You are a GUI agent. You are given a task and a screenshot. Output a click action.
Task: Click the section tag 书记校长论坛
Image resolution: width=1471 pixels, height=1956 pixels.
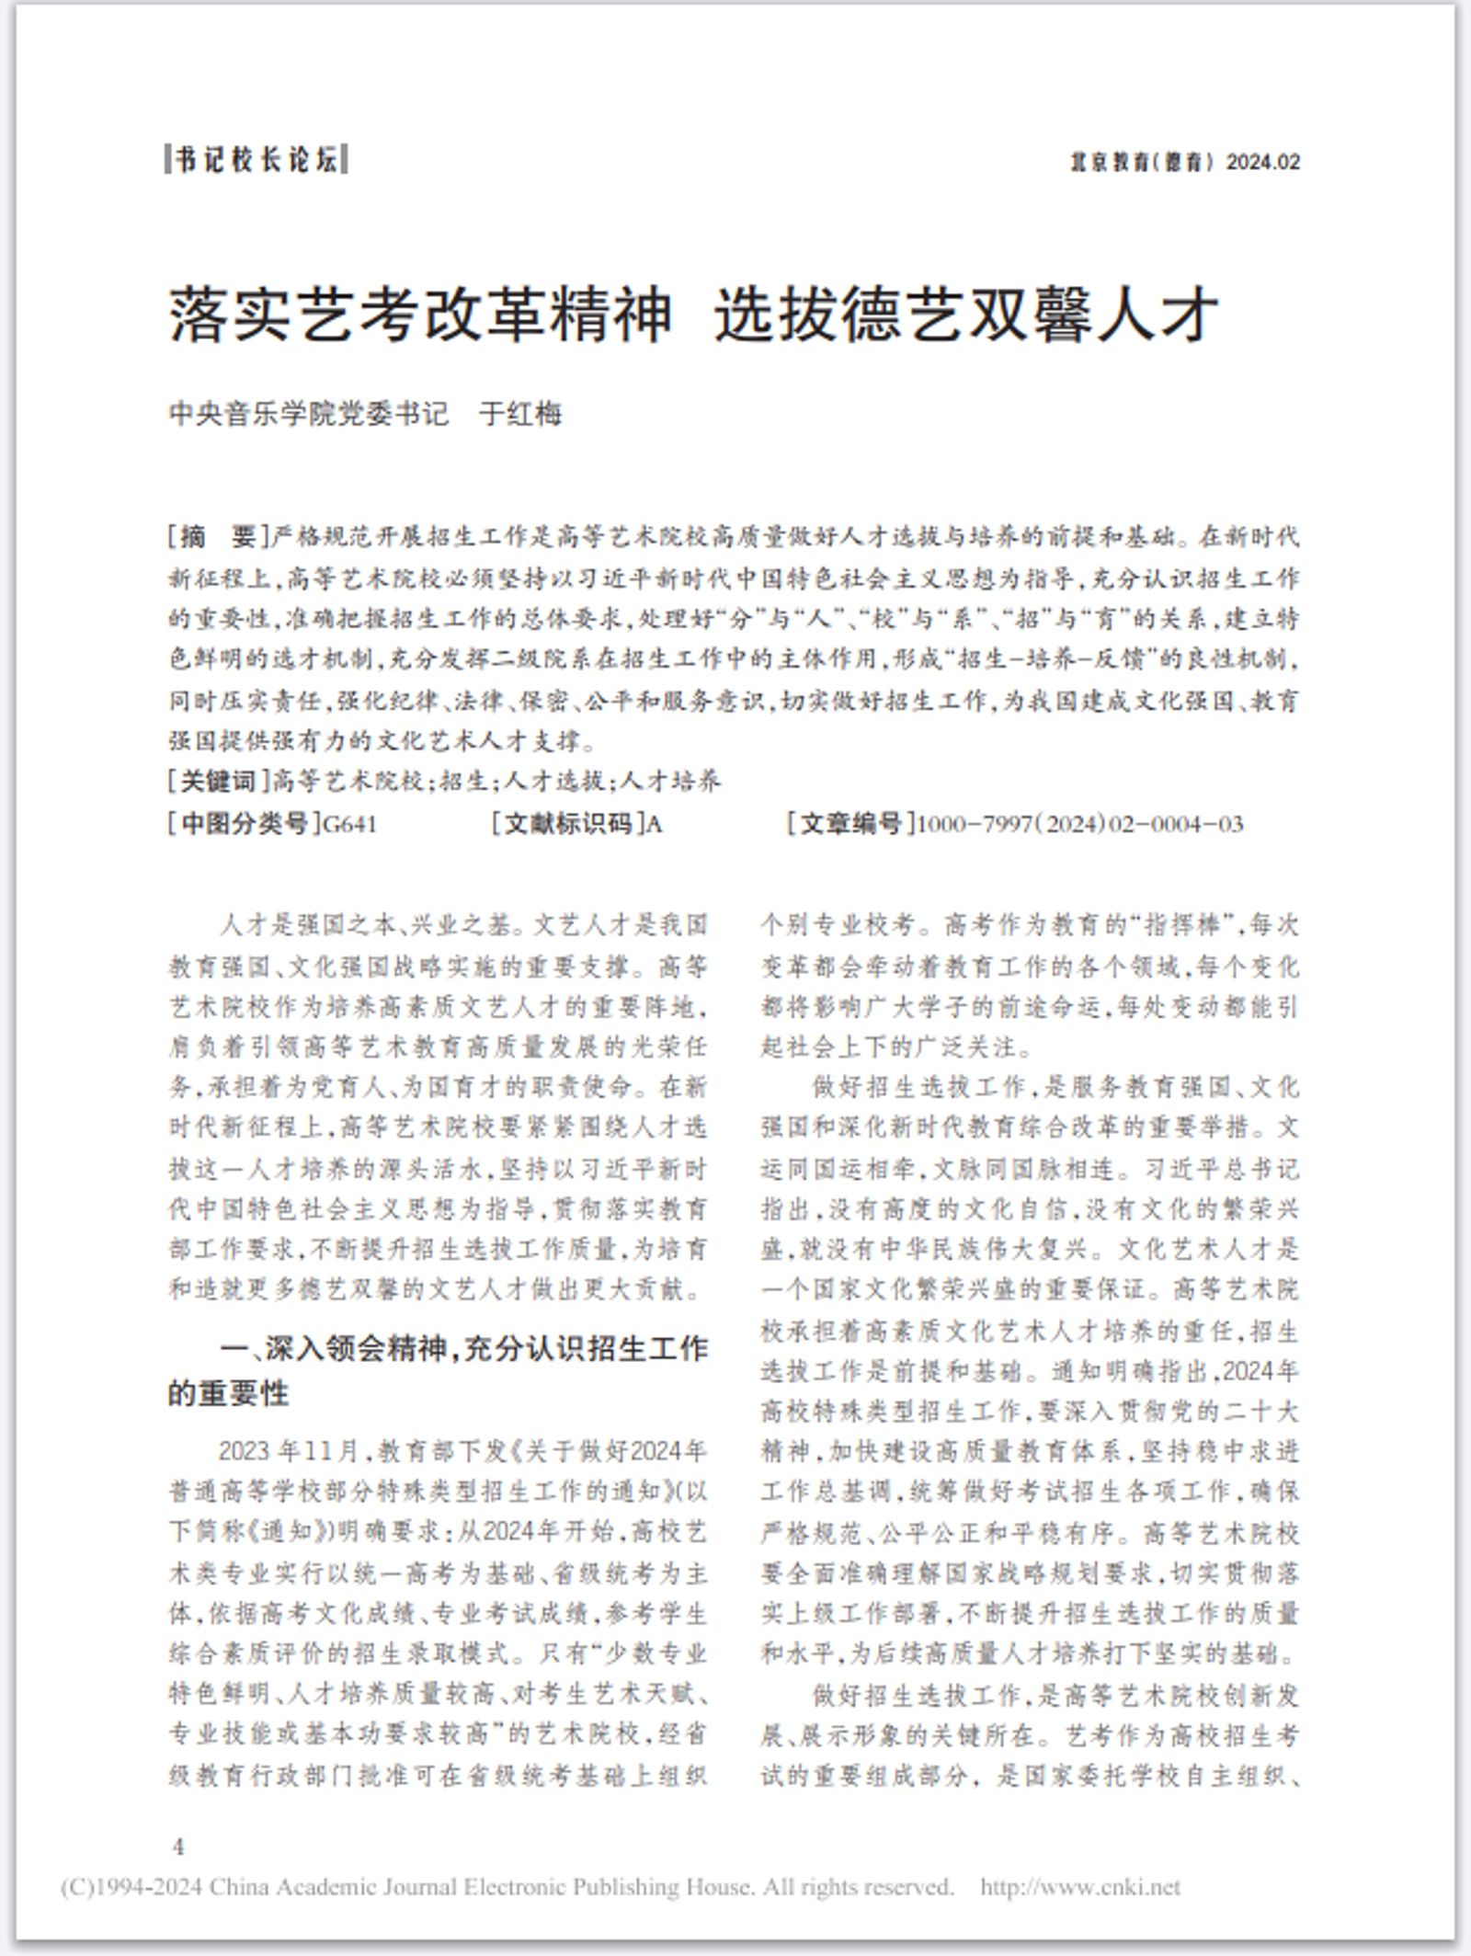tap(257, 160)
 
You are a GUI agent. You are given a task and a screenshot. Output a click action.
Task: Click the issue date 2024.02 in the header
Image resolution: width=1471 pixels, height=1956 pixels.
tap(1263, 162)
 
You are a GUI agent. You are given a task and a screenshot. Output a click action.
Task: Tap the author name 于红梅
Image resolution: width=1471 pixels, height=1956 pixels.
tap(520, 415)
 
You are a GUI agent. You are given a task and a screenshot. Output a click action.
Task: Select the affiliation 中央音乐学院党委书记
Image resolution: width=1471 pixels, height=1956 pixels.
tap(308, 415)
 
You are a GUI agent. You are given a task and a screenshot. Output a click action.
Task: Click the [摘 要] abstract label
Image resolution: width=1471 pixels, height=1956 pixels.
tap(218, 536)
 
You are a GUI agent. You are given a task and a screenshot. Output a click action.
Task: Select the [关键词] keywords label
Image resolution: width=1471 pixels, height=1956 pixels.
tap(218, 782)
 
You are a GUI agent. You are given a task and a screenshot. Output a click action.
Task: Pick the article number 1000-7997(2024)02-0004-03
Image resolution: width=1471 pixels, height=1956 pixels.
tap(1080, 823)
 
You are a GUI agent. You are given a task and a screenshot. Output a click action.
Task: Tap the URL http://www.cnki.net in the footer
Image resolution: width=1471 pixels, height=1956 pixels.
tap(1079, 1887)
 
